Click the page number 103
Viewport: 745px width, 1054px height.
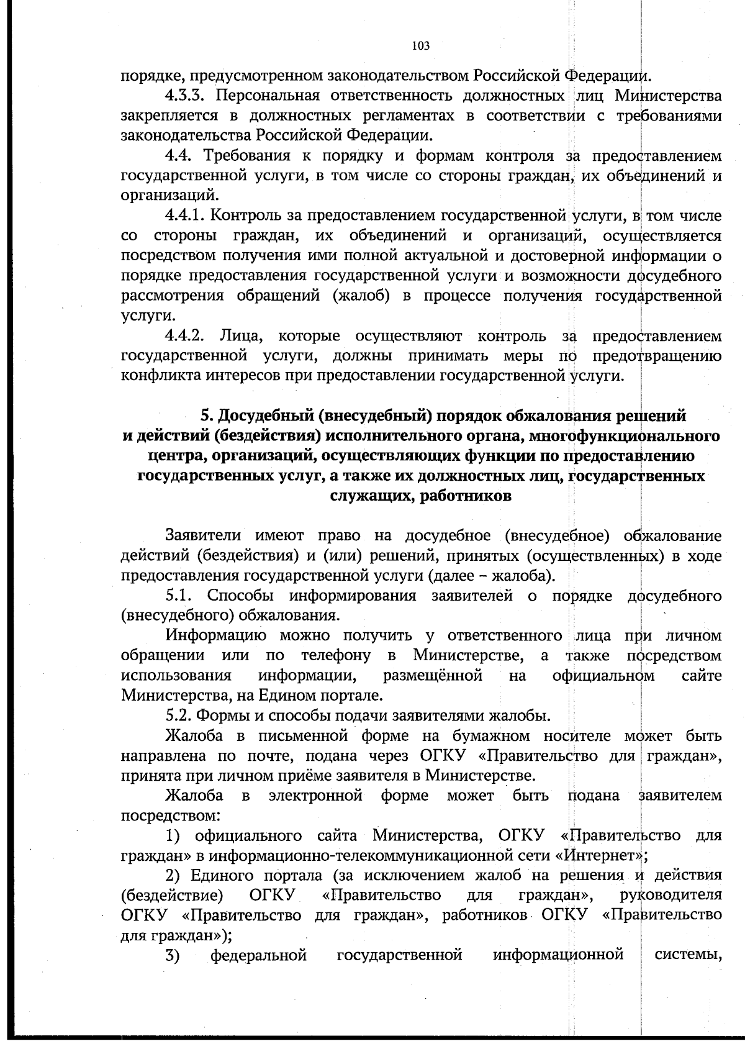420,45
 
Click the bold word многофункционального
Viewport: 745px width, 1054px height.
623,435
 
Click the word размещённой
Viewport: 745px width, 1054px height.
433,675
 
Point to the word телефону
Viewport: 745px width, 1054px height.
336,655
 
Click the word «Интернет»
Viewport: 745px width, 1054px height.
600,855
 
